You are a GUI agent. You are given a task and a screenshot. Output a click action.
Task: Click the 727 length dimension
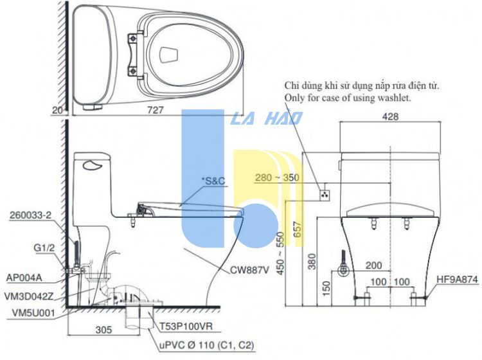[x=155, y=110]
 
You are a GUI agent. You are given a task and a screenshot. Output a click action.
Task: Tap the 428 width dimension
[x=390, y=116]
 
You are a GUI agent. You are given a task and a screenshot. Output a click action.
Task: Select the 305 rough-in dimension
[x=103, y=330]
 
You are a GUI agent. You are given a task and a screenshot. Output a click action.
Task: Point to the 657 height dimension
[x=298, y=230]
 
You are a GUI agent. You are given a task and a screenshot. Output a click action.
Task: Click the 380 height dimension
[x=312, y=261]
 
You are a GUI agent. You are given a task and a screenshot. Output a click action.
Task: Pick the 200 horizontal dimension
[x=373, y=265]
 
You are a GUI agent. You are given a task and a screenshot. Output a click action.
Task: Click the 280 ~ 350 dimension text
[x=277, y=177]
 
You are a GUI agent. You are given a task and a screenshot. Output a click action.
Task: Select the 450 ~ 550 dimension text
[x=280, y=253]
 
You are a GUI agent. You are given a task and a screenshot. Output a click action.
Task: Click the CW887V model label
[x=249, y=270]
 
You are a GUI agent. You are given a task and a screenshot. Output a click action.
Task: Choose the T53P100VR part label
[x=186, y=326]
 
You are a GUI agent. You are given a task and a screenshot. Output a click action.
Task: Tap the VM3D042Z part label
[x=29, y=296]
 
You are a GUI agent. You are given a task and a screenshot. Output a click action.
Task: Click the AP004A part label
[x=24, y=278]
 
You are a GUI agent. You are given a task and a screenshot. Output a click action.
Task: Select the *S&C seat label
[x=213, y=181]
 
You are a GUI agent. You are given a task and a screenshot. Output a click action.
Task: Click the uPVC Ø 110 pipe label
[x=207, y=345]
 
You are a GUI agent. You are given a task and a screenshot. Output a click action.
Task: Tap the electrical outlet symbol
[x=325, y=195]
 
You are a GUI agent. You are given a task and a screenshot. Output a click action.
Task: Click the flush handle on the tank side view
[x=92, y=166]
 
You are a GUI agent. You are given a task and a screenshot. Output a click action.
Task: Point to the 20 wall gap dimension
[x=58, y=110]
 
